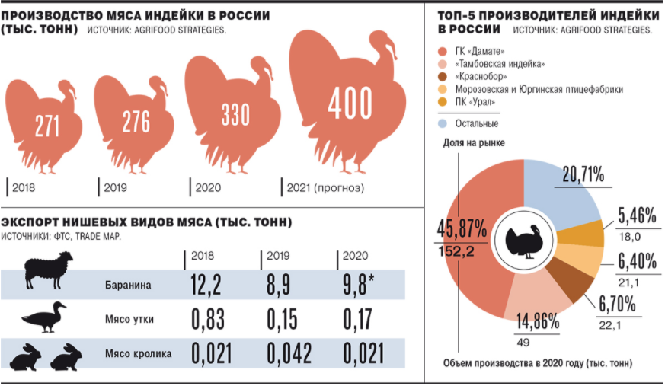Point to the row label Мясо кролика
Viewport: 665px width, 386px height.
coord(137,354)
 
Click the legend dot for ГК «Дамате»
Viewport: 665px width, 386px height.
coord(443,51)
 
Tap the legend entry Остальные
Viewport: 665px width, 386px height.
coord(477,123)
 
